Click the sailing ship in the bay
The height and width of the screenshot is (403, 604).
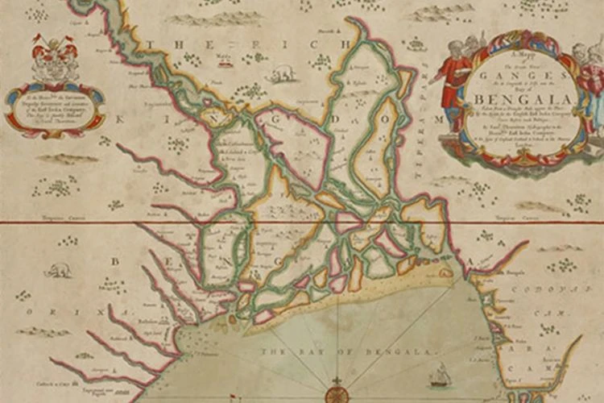click(x=440, y=374)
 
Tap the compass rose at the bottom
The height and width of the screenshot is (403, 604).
click(x=337, y=394)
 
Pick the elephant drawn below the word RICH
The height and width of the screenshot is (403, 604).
click(x=283, y=75)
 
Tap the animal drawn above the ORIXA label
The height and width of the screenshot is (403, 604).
click(x=59, y=271)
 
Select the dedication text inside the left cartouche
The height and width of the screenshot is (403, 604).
click(x=55, y=108)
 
